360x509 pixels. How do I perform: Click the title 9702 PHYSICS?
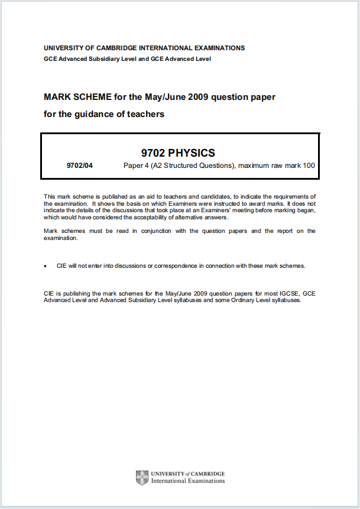(x=180, y=153)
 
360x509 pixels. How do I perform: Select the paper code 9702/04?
(x=80, y=166)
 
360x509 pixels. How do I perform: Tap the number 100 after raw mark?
(x=309, y=166)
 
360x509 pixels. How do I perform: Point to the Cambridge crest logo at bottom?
(x=142, y=478)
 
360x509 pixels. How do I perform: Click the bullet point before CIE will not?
(x=46, y=266)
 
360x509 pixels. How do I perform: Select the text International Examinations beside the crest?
(x=188, y=481)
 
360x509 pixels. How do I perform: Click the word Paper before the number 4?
(x=132, y=166)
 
